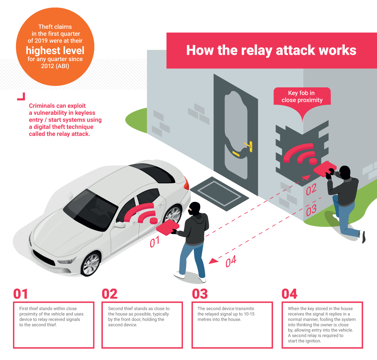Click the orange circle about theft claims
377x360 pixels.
[x=55, y=47]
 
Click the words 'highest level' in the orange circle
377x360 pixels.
[x=55, y=50]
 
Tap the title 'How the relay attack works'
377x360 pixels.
[x=271, y=50]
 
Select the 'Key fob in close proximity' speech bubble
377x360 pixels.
[x=302, y=99]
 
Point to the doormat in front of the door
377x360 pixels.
[x=219, y=194]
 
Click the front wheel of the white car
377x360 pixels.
[x=91, y=264]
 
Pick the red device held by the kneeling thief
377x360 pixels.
[x=325, y=168]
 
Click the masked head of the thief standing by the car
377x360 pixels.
[x=194, y=208]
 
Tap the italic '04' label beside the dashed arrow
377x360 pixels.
[x=231, y=261]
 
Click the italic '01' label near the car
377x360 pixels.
[x=154, y=242]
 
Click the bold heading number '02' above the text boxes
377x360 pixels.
[x=110, y=294]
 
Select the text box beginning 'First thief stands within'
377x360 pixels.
[x=54, y=325]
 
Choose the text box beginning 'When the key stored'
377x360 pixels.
[x=322, y=325]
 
